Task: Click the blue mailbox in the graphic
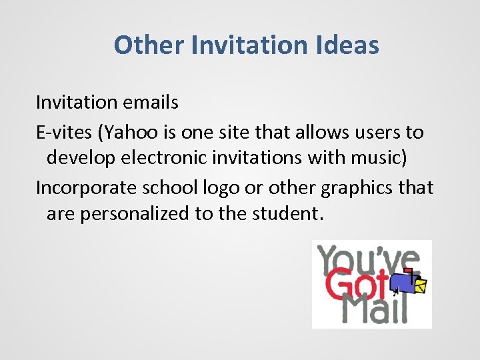point(402,281)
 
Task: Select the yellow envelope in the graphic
point(421,285)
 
